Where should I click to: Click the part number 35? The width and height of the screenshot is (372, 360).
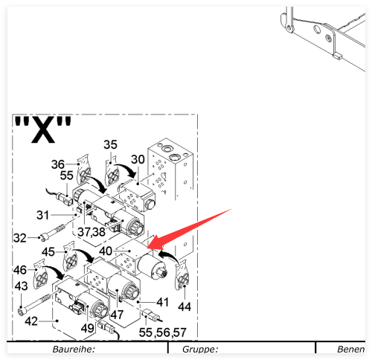pos(110,144)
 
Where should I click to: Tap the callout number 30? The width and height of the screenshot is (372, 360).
pos(138,159)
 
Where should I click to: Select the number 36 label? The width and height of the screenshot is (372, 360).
pos(58,164)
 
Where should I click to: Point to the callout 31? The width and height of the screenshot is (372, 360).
pos(42,215)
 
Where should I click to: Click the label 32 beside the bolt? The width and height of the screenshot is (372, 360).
pos(20,238)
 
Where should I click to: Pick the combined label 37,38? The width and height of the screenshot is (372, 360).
pos(92,232)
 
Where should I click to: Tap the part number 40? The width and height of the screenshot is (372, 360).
pos(106,251)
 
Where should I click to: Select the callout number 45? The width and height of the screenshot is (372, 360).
pos(48,252)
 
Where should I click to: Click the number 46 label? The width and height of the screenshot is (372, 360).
pos(20,270)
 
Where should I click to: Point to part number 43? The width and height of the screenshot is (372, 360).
pos(21,286)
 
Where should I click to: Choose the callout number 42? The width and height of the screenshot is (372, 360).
pos(31,321)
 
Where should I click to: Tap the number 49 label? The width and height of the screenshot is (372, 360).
pos(88,329)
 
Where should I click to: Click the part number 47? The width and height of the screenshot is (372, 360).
pos(117,315)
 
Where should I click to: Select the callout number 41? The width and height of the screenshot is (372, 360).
pos(163,302)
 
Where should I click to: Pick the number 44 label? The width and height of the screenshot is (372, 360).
pos(185,307)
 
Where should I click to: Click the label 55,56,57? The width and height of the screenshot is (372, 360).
pos(163,332)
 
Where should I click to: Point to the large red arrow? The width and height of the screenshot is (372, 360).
pos(190,229)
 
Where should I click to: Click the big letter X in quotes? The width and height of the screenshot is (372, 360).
pos(43,129)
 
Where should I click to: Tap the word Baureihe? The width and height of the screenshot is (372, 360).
pos(74,350)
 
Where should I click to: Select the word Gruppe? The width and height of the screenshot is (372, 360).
pos(200,350)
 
